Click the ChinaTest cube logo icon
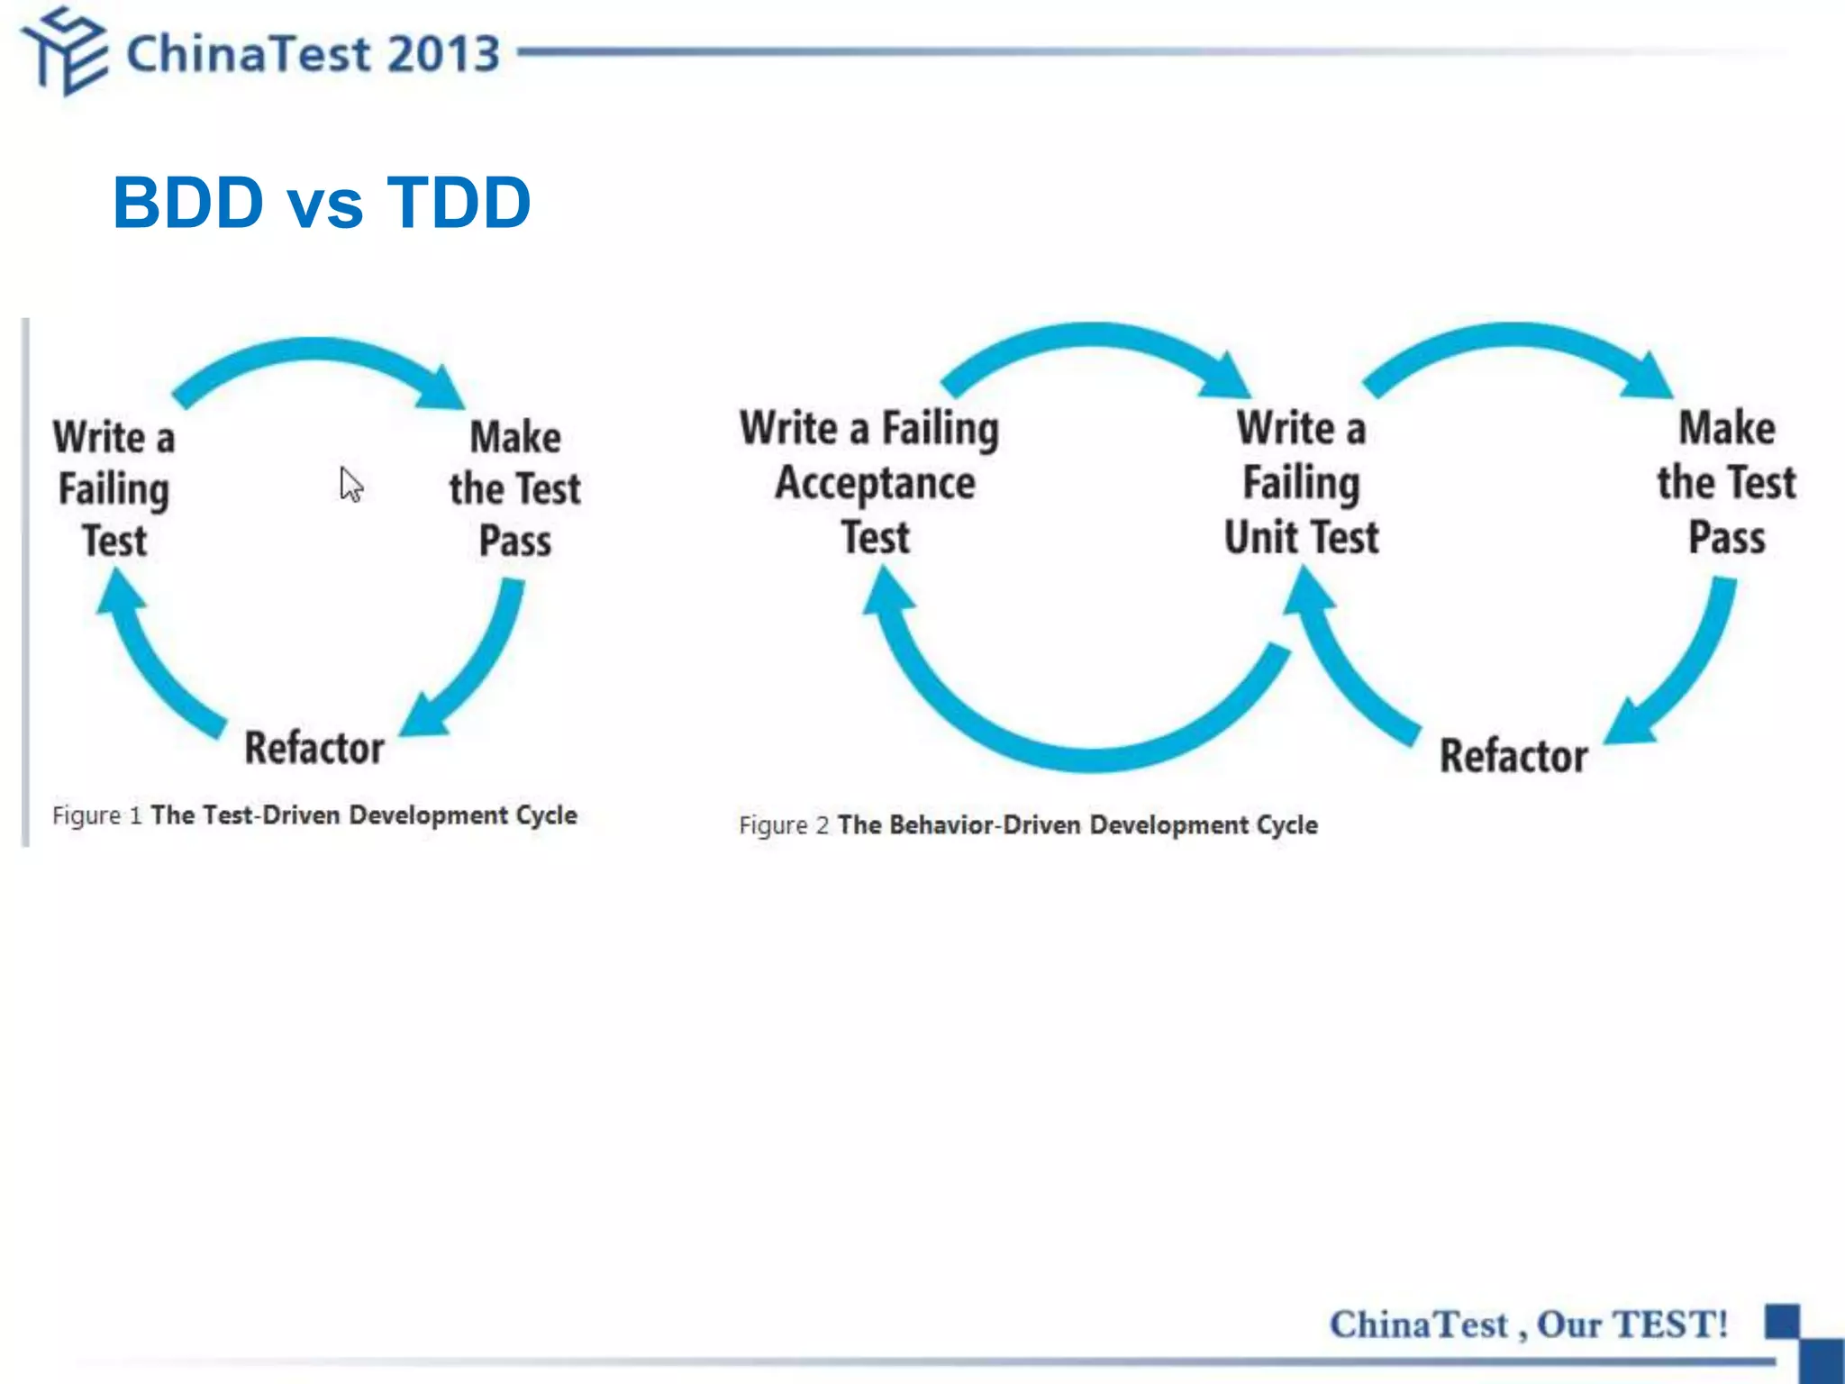pyautogui.click(x=65, y=50)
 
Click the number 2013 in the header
pyautogui.click(x=443, y=54)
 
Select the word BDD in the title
pyautogui.click(x=187, y=202)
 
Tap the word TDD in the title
pyautogui.click(x=459, y=202)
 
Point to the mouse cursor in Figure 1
pyautogui.click(x=350, y=484)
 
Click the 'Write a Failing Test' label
pyautogui.click(x=114, y=488)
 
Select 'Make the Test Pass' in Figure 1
pyautogui.click(x=514, y=488)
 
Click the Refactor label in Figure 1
pyautogui.click(x=314, y=748)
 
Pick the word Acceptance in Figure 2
pyautogui.click(x=875, y=484)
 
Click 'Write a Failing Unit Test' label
pyautogui.click(x=1301, y=483)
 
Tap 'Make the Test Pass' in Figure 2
pyautogui.click(x=1726, y=483)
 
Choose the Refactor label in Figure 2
pyautogui.click(x=1513, y=755)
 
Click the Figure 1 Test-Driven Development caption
pyautogui.click(x=314, y=815)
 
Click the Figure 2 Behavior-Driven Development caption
pyautogui.click(x=1028, y=824)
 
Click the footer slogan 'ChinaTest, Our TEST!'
pyautogui.click(x=1529, y=1325)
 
